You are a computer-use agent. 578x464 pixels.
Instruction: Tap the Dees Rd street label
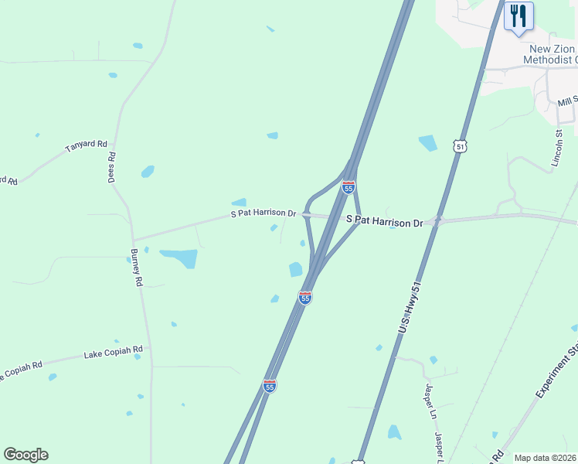click(x=112, y=166)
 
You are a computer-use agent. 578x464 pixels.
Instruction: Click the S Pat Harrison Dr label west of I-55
click(x=263, y=213)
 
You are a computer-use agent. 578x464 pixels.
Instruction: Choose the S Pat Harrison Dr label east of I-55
click(x=384, y=221)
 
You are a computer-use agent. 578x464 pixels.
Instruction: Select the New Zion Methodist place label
click(x=549, y=53)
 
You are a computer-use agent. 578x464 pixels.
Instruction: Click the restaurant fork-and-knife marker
click(x=518, y=15)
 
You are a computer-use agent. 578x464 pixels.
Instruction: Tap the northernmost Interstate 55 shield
click(x=348, y=187)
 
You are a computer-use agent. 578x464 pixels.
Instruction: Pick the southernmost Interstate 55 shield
click(x=269, y=385)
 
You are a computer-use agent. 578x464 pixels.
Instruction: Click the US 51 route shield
click(x=461, y=146)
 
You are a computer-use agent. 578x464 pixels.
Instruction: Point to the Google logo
click(x=25, y=455)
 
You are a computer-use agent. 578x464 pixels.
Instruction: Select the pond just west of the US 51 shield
click(x=427, y=142)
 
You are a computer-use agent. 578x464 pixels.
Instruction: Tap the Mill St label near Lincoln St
click(x=568, y=101)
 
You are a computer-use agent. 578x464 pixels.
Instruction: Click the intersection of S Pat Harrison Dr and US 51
click(x=437, y=220)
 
